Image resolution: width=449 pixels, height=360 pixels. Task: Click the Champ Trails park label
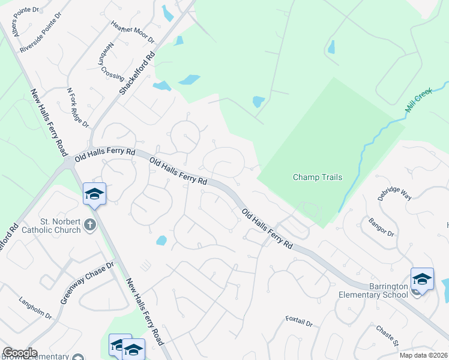318,177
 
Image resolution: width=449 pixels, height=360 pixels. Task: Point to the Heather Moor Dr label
133,32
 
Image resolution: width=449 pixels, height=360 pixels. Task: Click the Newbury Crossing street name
112,64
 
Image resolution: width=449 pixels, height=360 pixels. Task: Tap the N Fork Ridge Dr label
78,108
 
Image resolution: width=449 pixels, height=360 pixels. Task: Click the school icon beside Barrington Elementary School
422,280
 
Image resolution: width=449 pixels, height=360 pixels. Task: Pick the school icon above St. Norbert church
94,194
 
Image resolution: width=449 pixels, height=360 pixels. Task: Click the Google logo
20,353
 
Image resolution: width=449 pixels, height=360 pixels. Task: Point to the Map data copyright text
423,355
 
